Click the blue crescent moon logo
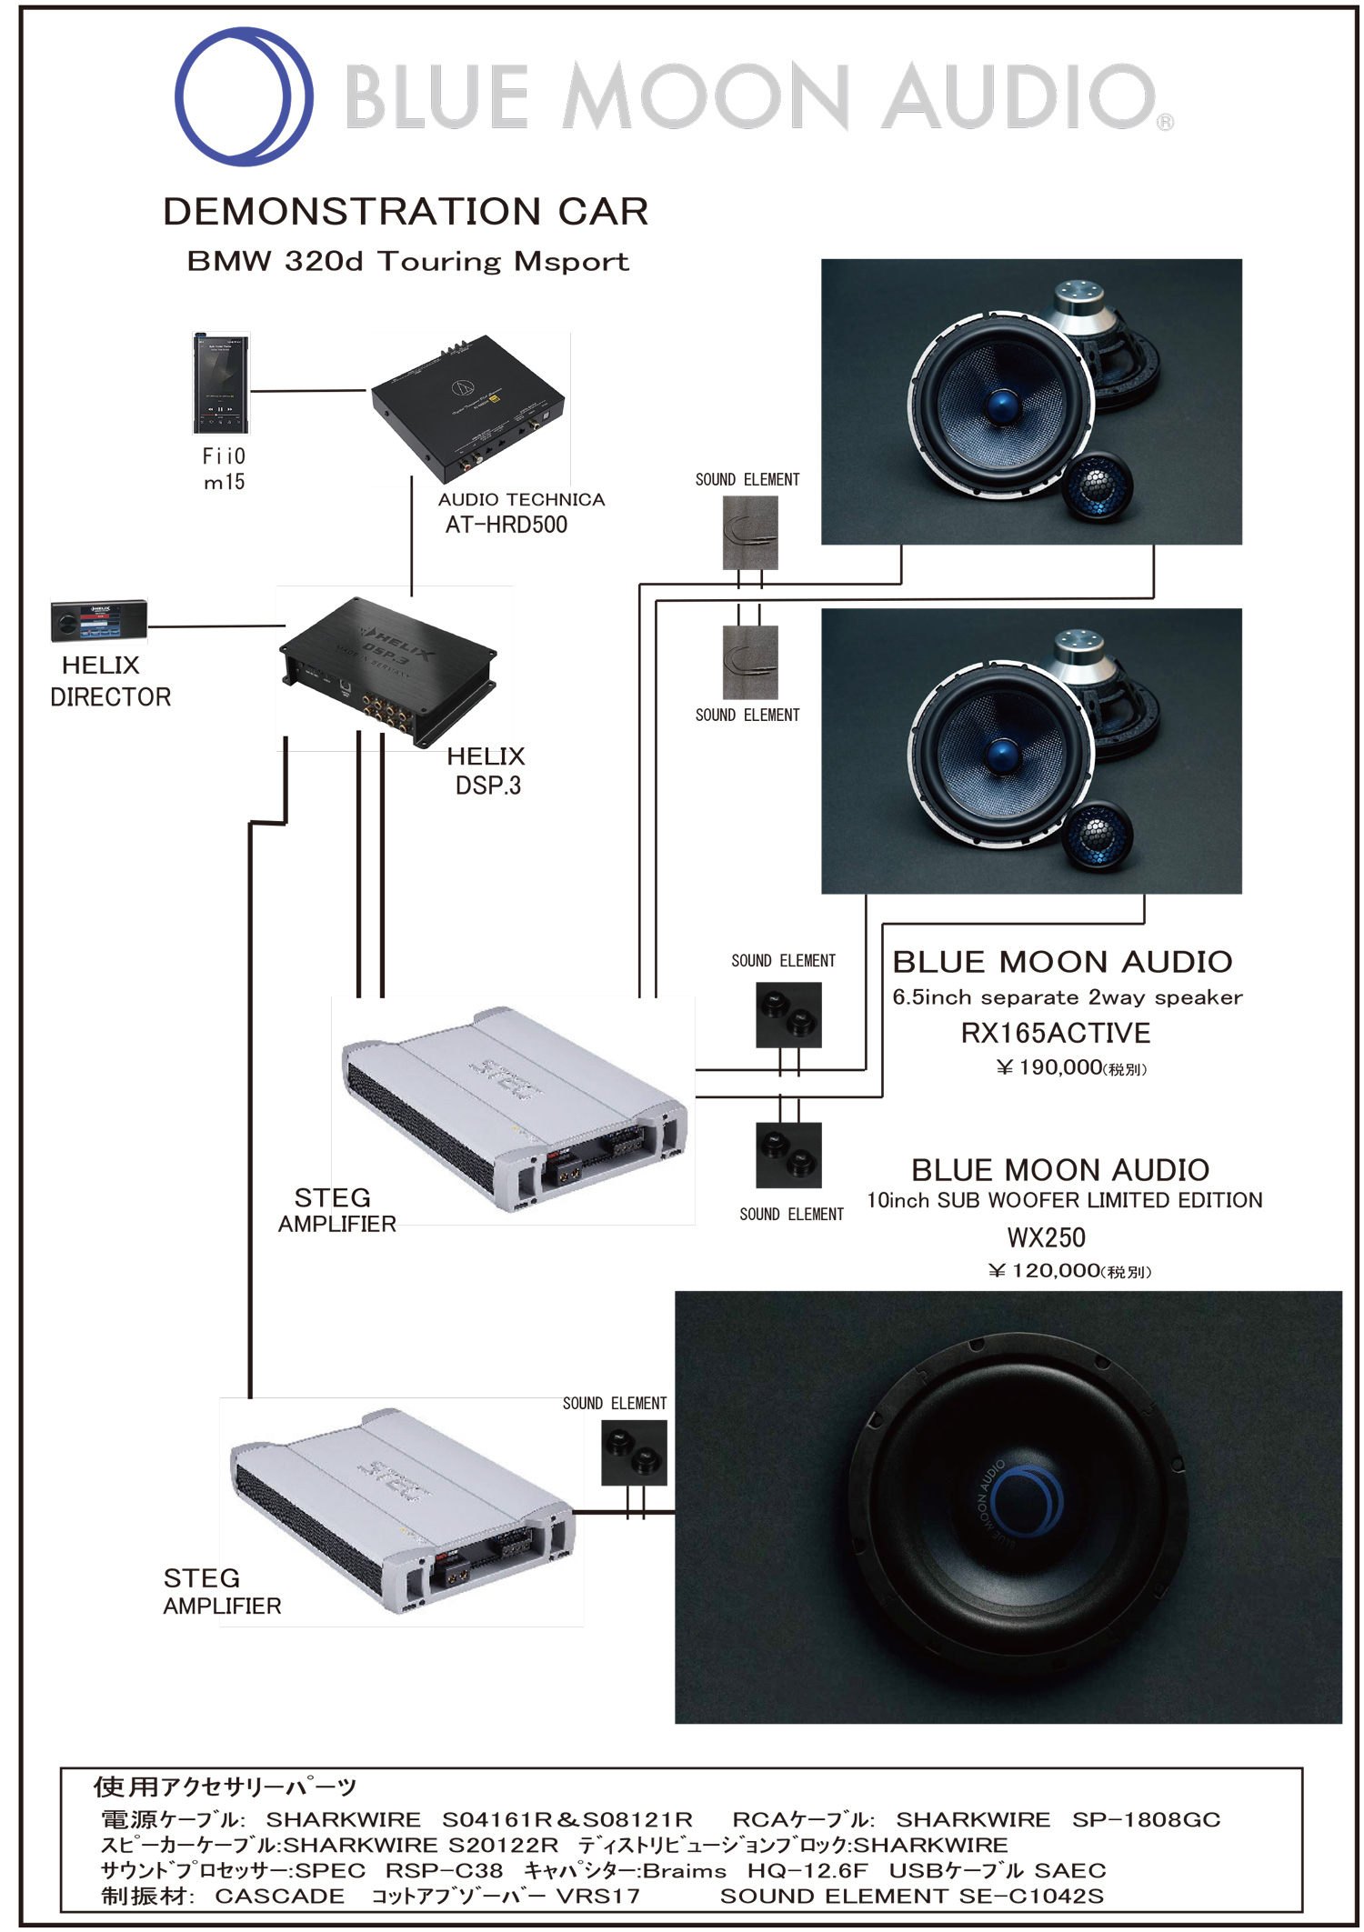243,96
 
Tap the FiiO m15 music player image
221,384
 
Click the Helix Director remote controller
98,621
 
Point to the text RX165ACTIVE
1055,1033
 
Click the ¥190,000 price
1070,1067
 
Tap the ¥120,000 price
1068,1270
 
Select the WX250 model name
1046,1237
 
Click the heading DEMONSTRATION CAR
406,212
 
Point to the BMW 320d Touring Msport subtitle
407,262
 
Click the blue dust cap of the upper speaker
1002,404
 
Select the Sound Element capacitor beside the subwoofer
634,1453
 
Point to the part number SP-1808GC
1145,1819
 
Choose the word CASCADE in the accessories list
280,1896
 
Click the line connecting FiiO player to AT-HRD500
309,391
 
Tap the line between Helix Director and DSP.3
216,626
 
